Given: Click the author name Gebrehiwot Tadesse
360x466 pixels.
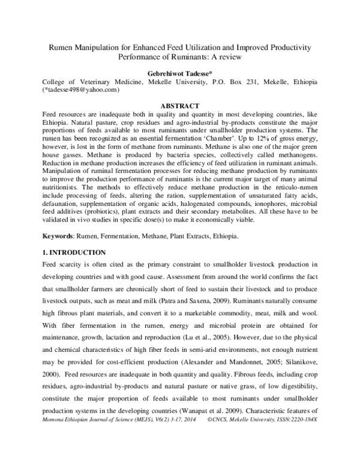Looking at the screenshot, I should [x=180, y=71].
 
